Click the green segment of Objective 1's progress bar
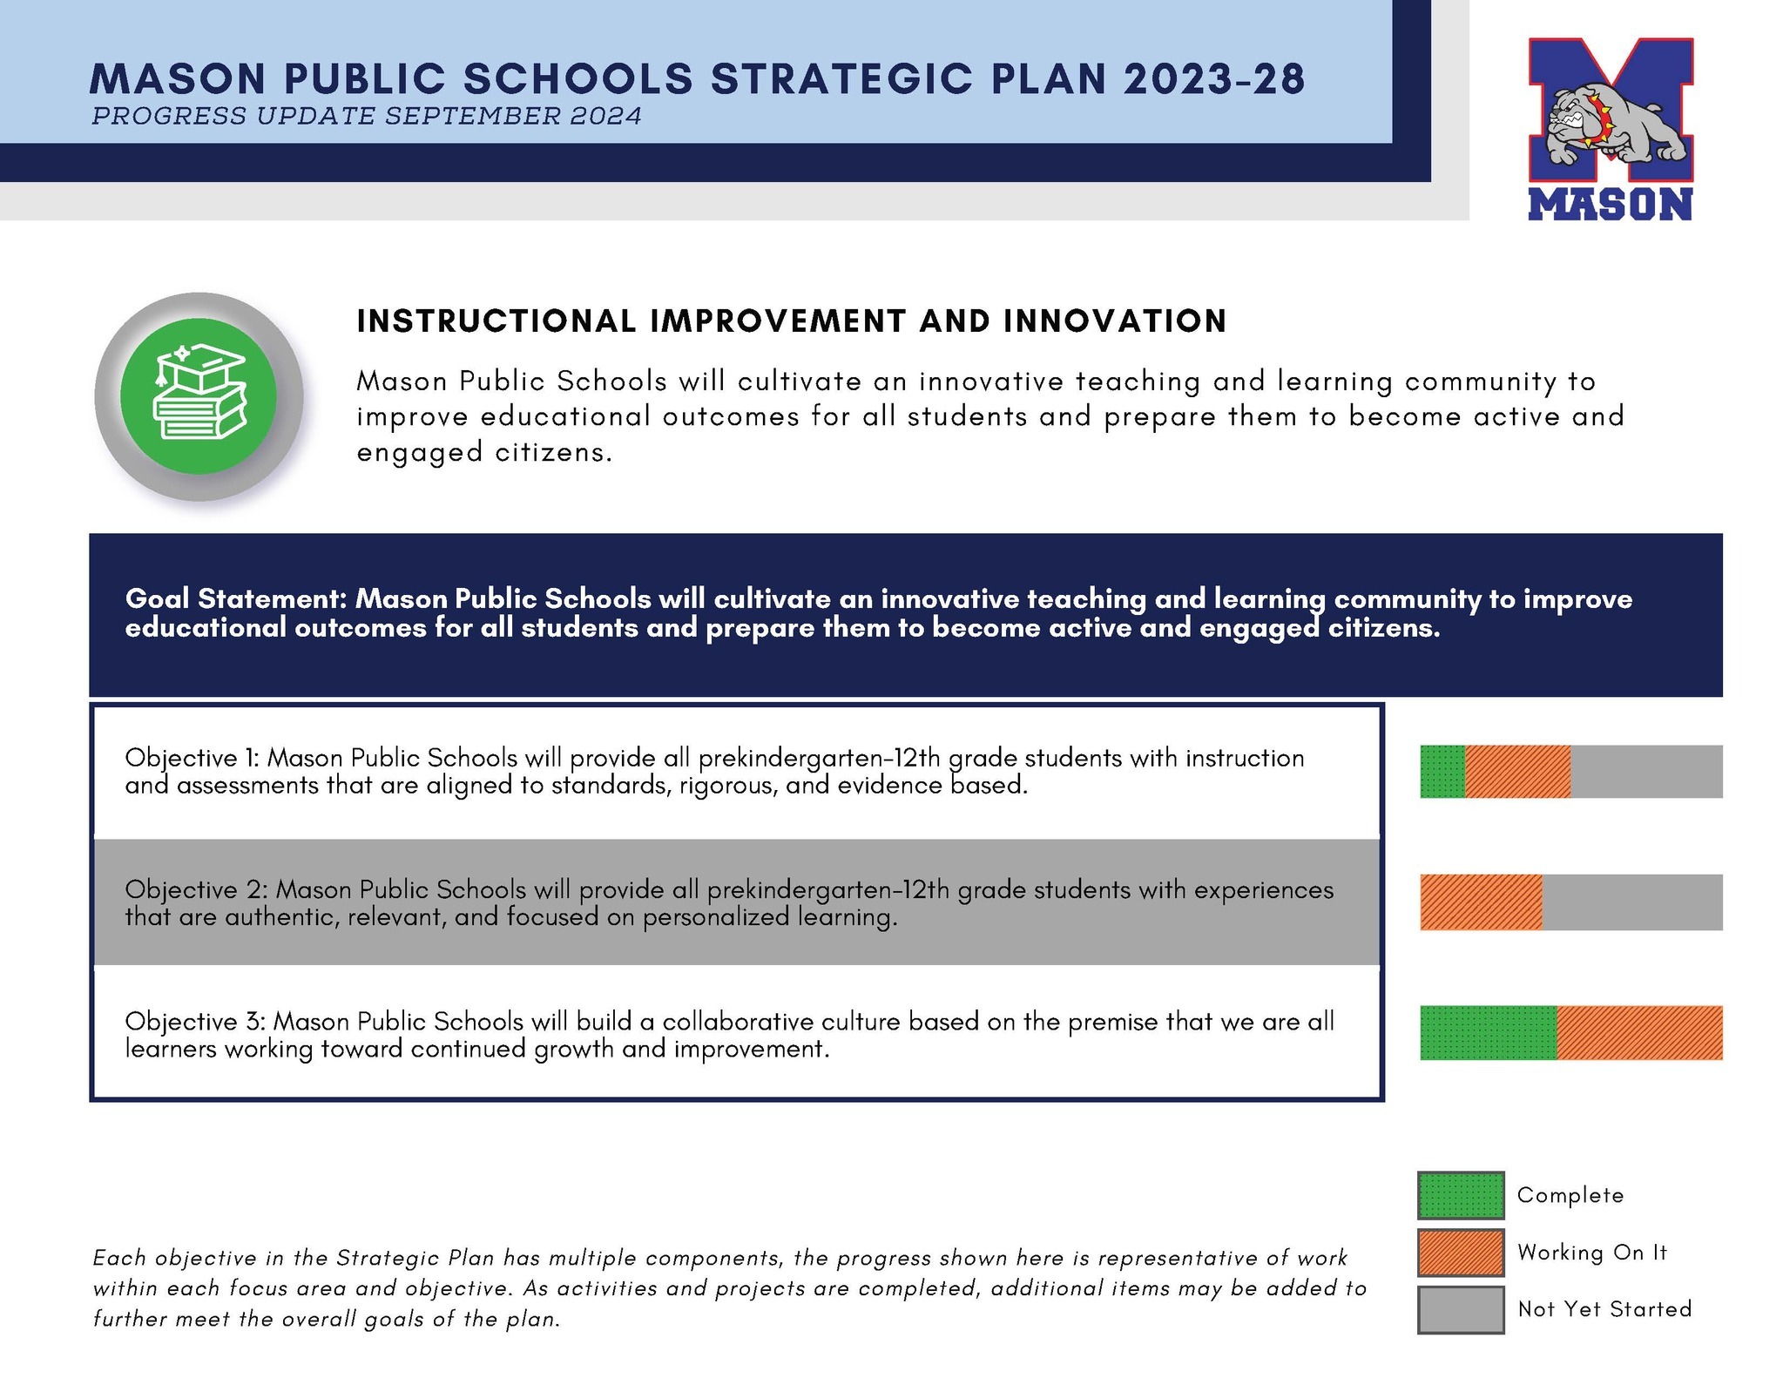(1442, 771)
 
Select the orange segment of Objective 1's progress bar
(1517, 771)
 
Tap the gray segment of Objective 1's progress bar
(1646, 771)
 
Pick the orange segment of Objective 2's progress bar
(1481, 902)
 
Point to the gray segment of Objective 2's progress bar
(1632, 902)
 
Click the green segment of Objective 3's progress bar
(1488, 1032)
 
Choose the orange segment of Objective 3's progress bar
(1639, 1032)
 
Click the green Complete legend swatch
(1460, 1195)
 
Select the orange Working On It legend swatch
(1460, 1252)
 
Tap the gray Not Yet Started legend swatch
(1460, 1309)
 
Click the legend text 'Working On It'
(1591, 1252)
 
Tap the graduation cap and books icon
(199, 396)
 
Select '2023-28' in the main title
(1213, 78)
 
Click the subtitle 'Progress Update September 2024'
(367, 116)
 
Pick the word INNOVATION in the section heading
(1114, 321)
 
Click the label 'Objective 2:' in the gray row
(196, 889)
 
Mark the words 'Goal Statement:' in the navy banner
(237, 598)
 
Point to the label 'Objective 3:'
(195, 1021)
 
